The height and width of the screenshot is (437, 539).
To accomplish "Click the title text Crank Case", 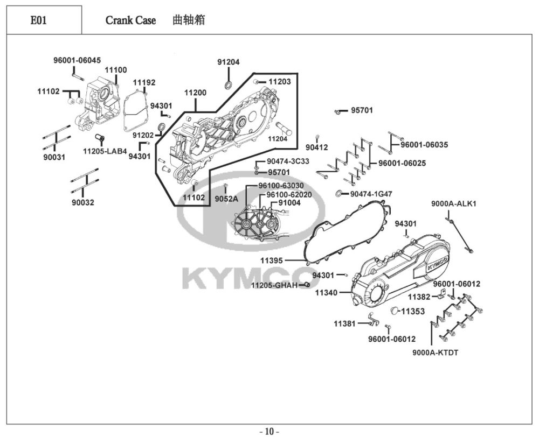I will point(130,21).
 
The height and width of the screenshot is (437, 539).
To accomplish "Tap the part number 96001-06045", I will point(77,60).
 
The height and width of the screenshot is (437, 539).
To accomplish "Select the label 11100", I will point(116,70).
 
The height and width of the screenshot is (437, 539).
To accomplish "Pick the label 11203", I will point(279,82).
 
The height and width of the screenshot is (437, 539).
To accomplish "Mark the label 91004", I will point(289,203).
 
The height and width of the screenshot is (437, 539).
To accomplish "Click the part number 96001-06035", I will point(424,144).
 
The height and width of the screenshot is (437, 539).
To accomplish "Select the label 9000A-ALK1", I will point(454,203).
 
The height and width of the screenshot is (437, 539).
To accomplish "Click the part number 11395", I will point(272,260).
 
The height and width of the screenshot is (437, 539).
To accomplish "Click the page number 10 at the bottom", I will point(269,431).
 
